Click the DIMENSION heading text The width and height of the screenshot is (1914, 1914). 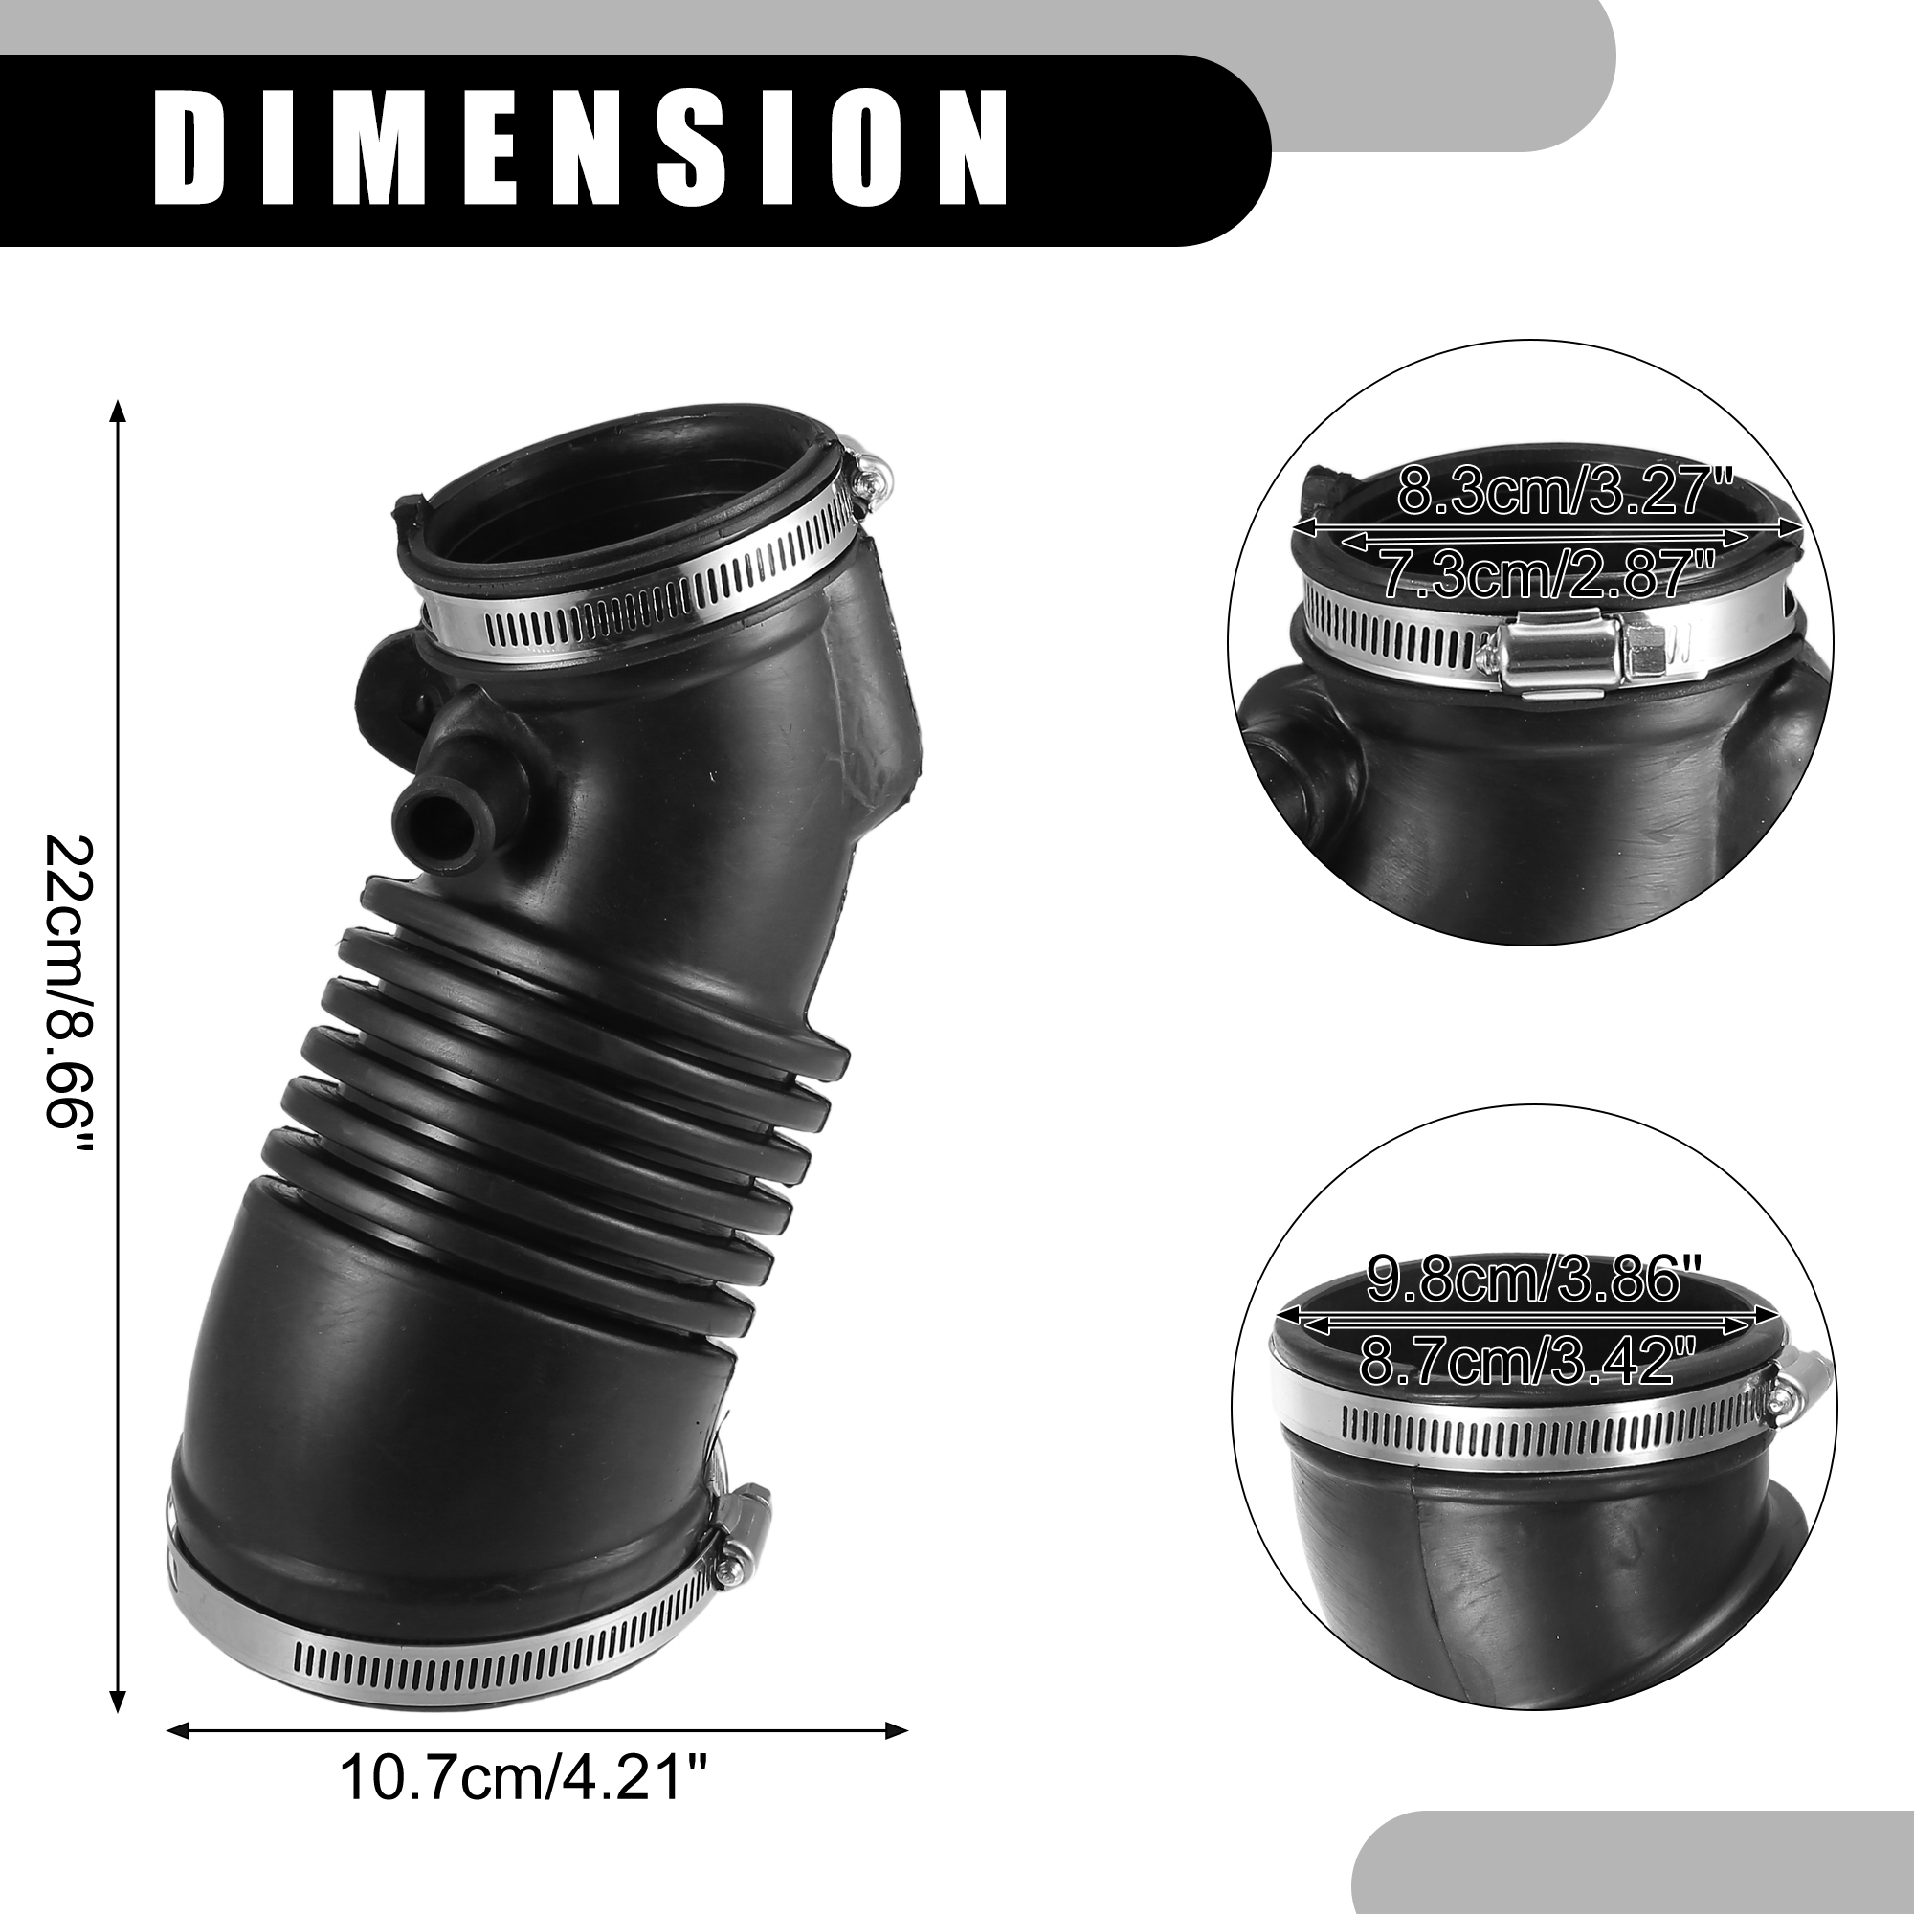[x=582, y=148]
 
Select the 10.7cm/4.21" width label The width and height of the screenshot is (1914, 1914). [x=525, y=1805]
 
